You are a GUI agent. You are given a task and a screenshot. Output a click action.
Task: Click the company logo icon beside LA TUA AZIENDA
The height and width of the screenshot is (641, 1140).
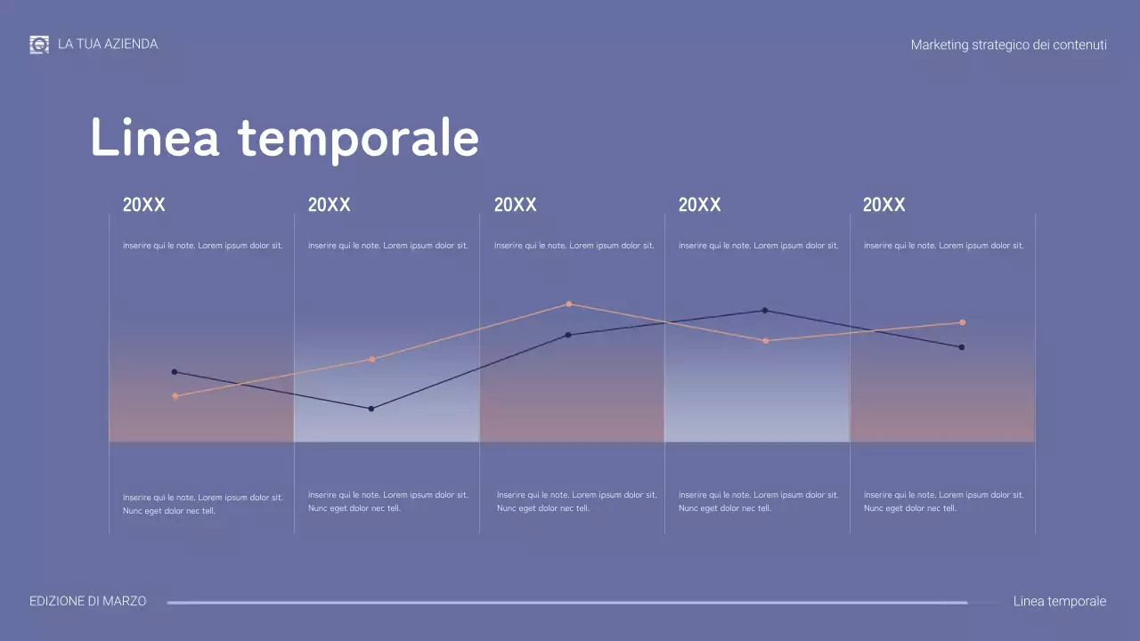pyautogui.click(x=39, y=45)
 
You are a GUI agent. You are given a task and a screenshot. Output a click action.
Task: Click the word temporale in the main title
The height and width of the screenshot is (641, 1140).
pyautogui.click(x=358, y=138)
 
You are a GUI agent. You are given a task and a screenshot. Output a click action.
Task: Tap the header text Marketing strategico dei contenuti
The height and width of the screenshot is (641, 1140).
pyautogui.click(x=1008, y=45)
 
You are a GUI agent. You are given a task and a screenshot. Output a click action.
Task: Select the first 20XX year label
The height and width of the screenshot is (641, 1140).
pyautogui.click(x=144, y=205)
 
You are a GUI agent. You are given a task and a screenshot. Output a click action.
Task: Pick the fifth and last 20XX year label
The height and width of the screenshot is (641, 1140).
pyautogui.click(x=883, y=205)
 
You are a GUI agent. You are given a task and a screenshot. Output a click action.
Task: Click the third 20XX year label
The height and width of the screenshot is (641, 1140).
pyautogui.click(x=515, y=205)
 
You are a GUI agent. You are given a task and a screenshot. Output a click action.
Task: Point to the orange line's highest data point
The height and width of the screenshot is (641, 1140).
pyautogui.click(x=568, y=304)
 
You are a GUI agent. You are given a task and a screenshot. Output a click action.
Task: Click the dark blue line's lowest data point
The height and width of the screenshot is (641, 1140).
pyautogui.click(x=371, y=409)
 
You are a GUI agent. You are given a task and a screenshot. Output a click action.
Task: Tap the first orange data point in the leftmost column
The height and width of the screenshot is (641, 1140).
pyautogui.click(x=175, y=396)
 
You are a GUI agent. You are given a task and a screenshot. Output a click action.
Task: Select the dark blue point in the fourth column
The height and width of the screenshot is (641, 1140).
pyautogui.click(x=764, y=311)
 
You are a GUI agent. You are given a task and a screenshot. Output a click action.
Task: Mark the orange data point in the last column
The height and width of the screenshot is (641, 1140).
pyautogui.click(x=962, y=322)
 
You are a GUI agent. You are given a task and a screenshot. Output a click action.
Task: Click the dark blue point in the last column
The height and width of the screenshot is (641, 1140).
pyautogui.click(x=962, y=347)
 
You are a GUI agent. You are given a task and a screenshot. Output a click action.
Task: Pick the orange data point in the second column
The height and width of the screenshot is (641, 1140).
pyautogui.click(x=371, y=360)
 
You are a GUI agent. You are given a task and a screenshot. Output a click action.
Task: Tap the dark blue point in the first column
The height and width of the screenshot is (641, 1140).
pyautogui.click(x=175, y=372)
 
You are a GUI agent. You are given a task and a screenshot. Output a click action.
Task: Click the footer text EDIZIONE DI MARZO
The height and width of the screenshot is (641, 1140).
pyautogui.click(x=87, y=601)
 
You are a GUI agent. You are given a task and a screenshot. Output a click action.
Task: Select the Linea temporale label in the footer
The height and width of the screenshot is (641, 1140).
pyautogui.click(x=1060, y=601)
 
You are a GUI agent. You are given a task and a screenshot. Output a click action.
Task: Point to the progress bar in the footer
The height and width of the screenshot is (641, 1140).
pyautogui.click(x=566, y=603)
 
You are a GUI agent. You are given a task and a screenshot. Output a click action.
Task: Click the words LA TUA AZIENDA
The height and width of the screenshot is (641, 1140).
pyautogui.click(x=108, y=44)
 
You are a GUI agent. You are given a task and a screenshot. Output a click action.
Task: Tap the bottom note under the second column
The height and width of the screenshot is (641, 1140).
pyautogui.click(x=387, y=501)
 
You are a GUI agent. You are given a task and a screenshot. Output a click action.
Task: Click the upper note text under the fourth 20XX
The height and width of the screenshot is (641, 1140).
pyautogui.click(x=758, y=246)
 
